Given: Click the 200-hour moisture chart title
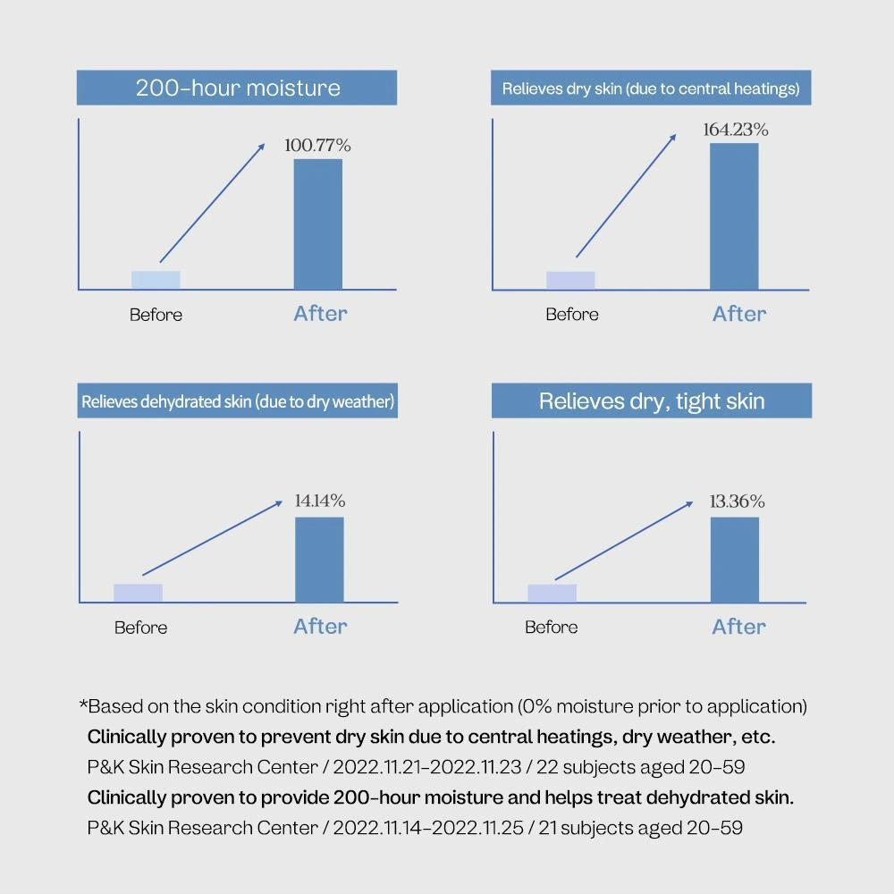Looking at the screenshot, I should (237, 89).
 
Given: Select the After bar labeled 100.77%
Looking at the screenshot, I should (318, 223).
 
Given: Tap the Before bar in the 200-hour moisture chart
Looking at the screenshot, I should (156, 279).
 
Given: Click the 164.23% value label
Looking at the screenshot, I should (735, 130).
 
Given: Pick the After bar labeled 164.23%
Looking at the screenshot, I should (734, 215).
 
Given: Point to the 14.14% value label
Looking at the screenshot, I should (319, 502).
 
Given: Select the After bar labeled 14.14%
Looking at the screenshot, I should (319, 559).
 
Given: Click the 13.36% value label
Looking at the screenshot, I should (737, 502).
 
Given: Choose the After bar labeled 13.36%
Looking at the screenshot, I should (734, 559).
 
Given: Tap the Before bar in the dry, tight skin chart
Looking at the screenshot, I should (552, 593).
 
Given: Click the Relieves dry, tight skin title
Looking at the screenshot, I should (652, 401).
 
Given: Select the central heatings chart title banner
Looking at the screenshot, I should (651, 89).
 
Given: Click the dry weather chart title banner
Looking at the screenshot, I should (238, 401).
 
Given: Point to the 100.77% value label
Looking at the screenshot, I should (317, 145).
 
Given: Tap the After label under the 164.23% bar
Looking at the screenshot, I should (739, 314).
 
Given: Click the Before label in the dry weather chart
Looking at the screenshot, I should (140, 628).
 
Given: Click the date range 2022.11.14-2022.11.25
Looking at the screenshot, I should (428, 828).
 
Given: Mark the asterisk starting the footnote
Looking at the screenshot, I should (84, 705).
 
